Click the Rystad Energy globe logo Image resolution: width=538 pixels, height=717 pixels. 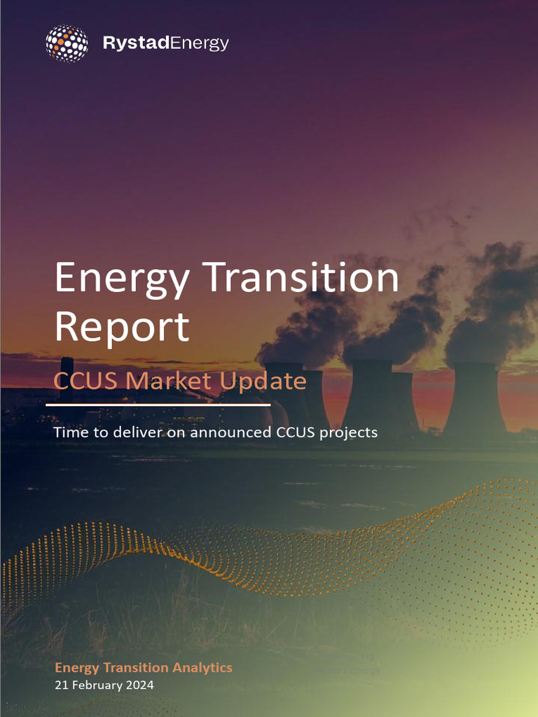(x=67, y=43)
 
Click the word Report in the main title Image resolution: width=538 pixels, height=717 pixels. (x=122, y=326)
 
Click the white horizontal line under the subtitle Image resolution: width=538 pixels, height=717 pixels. (x=158, y=405)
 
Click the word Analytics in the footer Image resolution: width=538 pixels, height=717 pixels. (x=202, y=668)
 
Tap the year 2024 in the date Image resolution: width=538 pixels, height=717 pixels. (x=138, y=685)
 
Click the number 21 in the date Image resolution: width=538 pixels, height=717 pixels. (x=61, y=685)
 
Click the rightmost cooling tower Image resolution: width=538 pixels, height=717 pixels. (x=474, y=399)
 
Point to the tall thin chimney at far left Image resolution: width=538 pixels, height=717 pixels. (x=67, y=378)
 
